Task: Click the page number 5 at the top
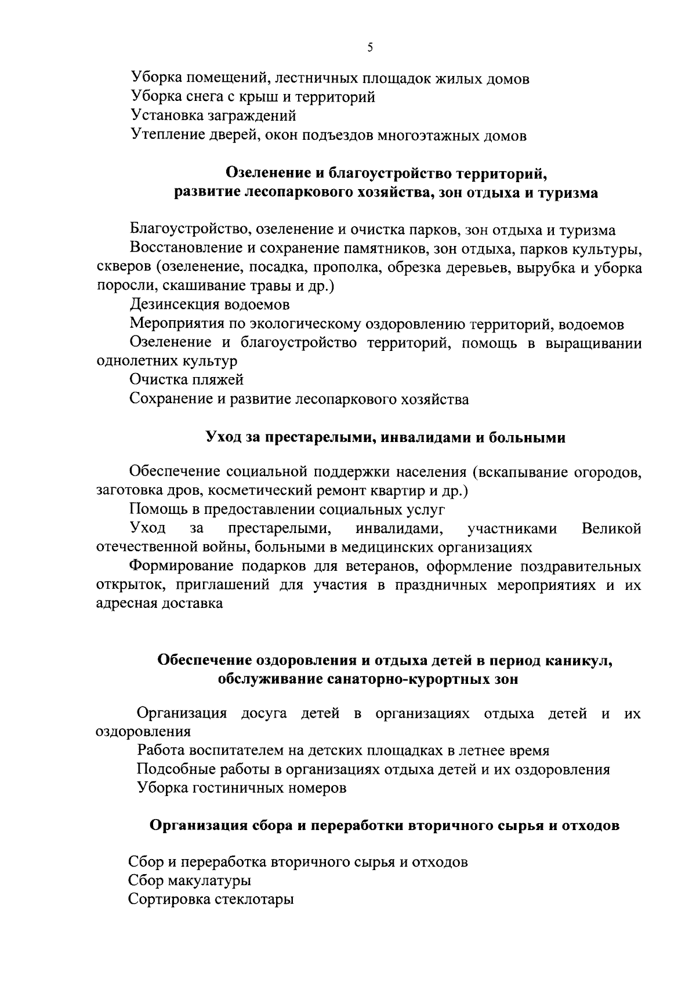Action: coord(370,48)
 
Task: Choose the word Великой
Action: coord(611,529)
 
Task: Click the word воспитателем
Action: coord(242,751)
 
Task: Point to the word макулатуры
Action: coord(211,881)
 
